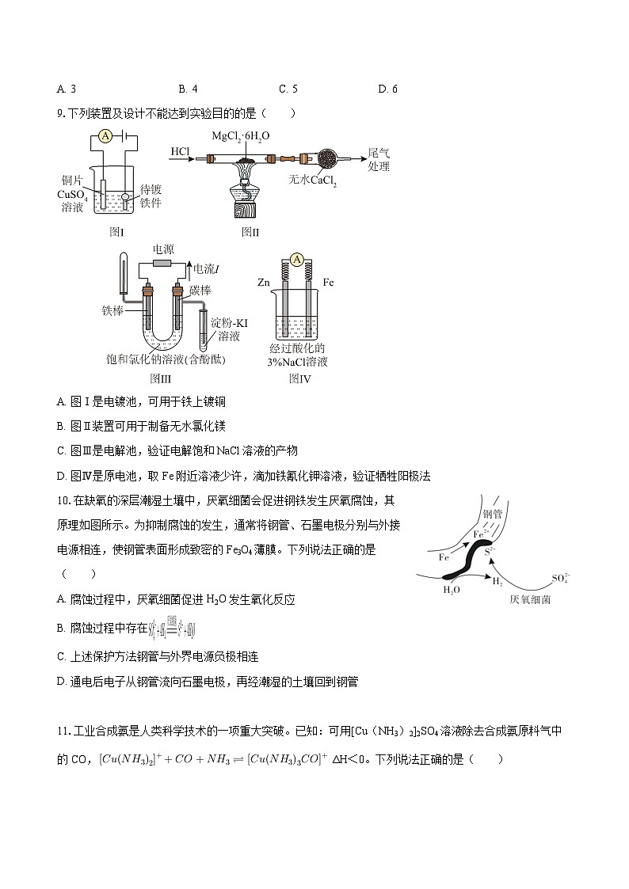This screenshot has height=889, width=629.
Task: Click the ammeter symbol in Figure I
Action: click(x=105, y=136)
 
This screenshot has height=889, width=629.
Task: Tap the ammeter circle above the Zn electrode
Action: click(x=297, y=260)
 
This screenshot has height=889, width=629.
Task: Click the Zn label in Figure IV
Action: click(x=265, y=282)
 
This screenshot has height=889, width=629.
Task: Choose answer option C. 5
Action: click(x=288, y=89)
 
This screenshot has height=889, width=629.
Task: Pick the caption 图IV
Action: click(x=299, y=378)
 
